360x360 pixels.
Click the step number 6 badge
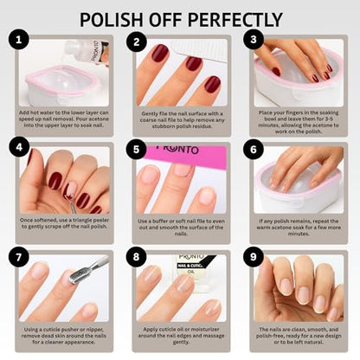pyautogui.click(x=252, y=147)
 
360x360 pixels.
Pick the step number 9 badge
pyautogui.click(x=252, y=257)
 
